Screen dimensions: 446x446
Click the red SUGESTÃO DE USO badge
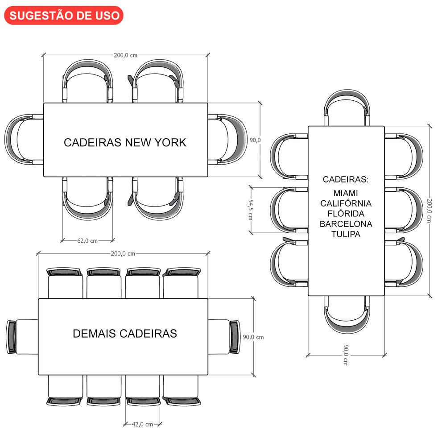[64, 15]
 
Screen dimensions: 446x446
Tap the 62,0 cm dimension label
[87, 241]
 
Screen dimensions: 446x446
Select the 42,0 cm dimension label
[142, 424]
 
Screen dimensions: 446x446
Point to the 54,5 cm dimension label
[251, 209]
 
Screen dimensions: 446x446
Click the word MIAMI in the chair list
[346, 193]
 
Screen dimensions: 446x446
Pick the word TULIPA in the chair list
[346, 234]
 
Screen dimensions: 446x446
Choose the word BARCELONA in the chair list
[346, 224]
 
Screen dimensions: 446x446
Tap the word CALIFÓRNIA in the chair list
[346, 203]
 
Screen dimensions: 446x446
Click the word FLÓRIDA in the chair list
[346, 213]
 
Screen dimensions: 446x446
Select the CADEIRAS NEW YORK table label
[125, 143]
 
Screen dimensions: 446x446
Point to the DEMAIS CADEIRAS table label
[125, 333]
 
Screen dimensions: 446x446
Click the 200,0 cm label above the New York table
[125, 55]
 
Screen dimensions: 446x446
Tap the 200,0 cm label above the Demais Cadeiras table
[123, 253]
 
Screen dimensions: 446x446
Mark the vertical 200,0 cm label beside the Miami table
[429, 211]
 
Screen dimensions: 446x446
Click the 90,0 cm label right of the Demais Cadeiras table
[253, 337]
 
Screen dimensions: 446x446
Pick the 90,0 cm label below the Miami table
[346, 355]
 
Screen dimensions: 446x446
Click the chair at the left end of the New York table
[24, 140]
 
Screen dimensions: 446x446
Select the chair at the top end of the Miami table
[347, 108]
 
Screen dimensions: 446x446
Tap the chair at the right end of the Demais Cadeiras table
[224, 337]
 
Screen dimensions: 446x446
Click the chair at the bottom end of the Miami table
[347, 314]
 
